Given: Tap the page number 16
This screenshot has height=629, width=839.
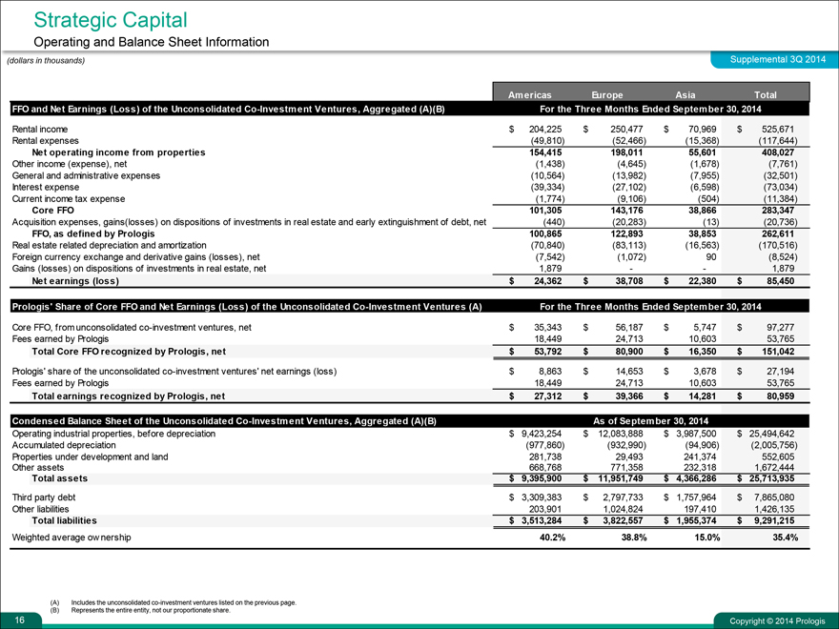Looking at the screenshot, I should (9, 619).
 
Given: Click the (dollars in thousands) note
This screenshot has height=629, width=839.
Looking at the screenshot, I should (46, 61).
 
